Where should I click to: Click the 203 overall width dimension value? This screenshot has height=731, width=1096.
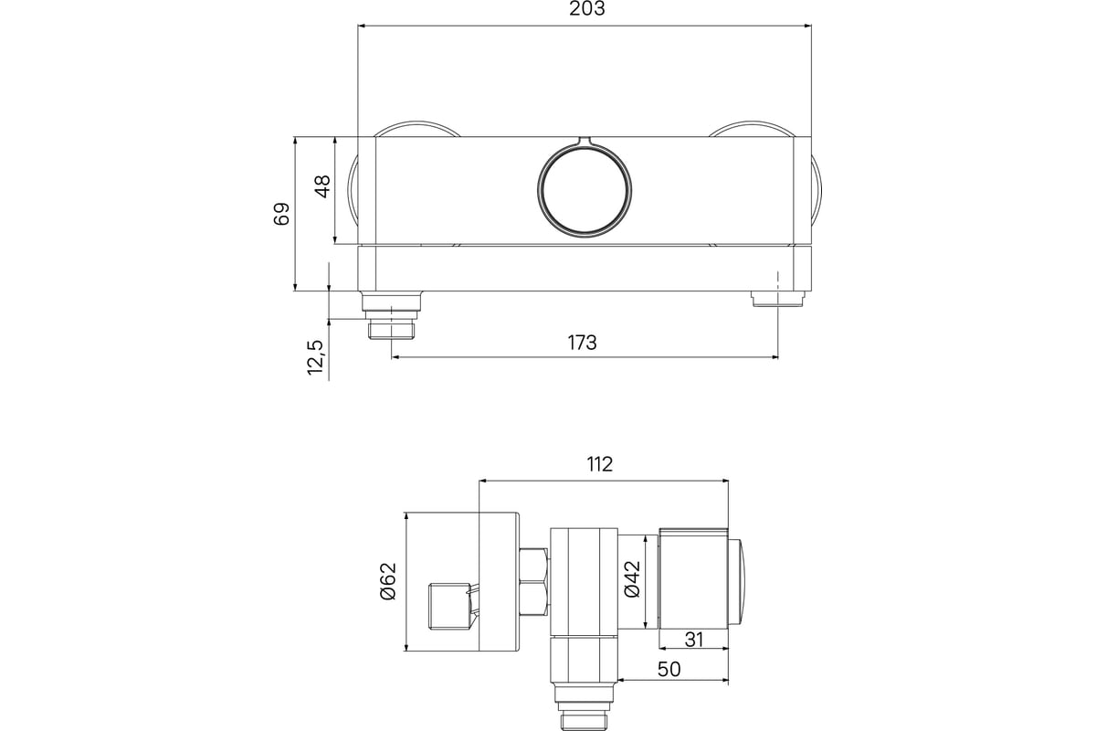coord(586,9)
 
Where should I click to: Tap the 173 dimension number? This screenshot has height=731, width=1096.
coord(583,343)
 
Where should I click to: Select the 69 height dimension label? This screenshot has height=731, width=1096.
coord(281,214)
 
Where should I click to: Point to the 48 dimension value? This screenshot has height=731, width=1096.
coord(323,186)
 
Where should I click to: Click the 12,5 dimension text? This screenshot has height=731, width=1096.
coord(316,357)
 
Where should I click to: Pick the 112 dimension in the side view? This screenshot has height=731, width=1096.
coord(600,464)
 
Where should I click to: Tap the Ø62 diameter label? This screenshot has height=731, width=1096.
coord(388,581)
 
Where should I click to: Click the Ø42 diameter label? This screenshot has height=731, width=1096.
coord(633,579)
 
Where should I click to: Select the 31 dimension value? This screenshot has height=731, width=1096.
coord(694,640)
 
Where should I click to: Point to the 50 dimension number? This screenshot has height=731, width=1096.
coord(669,669)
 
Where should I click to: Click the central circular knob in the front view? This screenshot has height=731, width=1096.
coord(585,189)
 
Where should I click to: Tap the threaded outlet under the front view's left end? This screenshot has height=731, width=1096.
coord(392,315)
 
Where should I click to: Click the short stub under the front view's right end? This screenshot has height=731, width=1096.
coord(778,298)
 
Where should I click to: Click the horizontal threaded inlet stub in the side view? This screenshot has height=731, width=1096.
coord(451,606)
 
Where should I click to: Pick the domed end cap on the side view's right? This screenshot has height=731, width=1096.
coord(736,582)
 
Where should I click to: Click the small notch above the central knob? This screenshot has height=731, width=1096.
coord(585,141)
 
